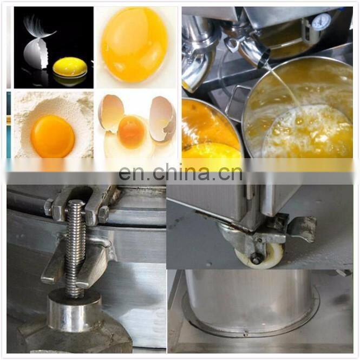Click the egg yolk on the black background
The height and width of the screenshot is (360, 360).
pyautogui.click(x=70, y=67)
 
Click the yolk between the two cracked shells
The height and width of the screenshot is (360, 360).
pyautogui.click(x=131, y=131)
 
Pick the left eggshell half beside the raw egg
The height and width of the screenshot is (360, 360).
pyautogui.click(x=111, y=113)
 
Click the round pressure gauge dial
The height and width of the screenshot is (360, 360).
pyautogui.click(x=322, y=22)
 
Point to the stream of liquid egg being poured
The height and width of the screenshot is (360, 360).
pyautogui.click(x=285, y=87)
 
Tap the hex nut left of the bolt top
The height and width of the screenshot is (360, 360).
pyautogui.click(x=49, y=208)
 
